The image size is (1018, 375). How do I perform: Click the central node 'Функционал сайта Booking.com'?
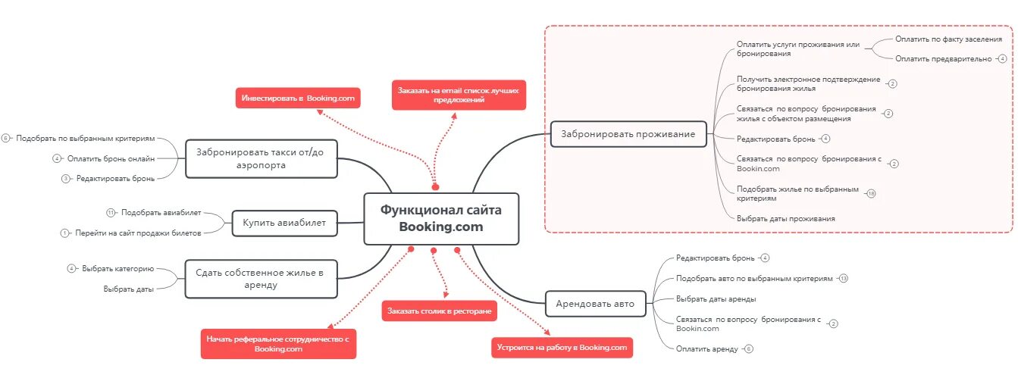(x=440, y=218)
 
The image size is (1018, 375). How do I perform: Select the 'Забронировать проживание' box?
(x=628, y=134)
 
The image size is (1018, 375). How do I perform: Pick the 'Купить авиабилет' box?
(x=284, y=223)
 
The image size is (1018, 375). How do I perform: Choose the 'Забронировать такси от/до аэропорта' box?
(x=261, y=158)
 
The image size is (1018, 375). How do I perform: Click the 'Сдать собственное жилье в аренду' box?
(x=260, y=279)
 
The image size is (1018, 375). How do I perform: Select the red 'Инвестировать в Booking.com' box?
(x=298, y=98)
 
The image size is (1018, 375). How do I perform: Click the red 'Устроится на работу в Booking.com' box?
(x=562, y=348)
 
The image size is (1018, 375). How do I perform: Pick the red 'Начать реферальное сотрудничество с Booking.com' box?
(x=278, y=344)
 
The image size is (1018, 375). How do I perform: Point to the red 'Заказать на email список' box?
(x=459, y=95)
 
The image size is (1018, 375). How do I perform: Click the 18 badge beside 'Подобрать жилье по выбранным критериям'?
(x=871, y=193)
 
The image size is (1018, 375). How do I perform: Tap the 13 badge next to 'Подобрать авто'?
(x=843, y=279)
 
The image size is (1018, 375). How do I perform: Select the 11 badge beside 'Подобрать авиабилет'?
(x=111, y=213)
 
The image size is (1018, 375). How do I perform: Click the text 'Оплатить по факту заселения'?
(x=948, y=38)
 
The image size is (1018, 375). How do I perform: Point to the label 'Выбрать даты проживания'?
(x=785, y=218)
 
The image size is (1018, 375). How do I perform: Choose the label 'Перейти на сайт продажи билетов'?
(x=138, y=233)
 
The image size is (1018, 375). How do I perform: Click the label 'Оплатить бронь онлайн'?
(x=111, y=158)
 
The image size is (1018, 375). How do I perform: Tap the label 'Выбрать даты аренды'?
(x=716, y=298)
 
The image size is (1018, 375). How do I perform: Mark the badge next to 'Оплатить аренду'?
(x=749, y=349)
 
